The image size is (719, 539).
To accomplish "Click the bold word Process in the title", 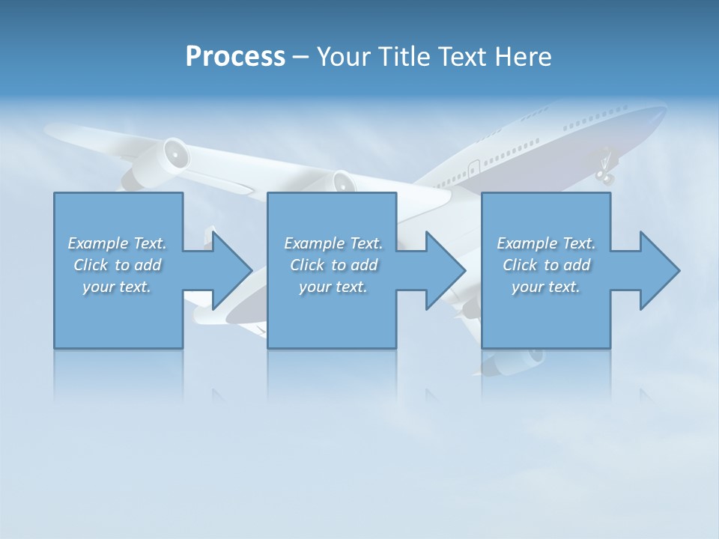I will (235, 56).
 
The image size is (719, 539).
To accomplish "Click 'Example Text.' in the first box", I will (118, 243).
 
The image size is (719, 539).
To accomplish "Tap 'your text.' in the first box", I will (118, 287).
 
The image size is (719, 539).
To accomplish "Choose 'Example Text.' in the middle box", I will (333, 243).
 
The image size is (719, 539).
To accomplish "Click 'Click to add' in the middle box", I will (333, 265).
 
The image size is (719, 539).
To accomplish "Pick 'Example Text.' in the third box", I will (546, 243).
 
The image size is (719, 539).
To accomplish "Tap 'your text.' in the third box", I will (546, 287).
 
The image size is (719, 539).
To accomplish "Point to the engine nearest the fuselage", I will (342, 182).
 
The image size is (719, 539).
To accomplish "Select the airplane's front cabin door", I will (474, 167).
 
